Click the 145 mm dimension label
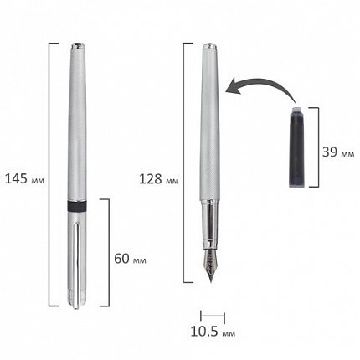[x=24, y=178]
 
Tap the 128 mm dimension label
[x=159, y=179]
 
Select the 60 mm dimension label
[x=130, y=259]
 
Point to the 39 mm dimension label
[x=338, y=152]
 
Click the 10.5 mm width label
[x=213, y=332]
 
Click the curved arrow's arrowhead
[x=232, y=86]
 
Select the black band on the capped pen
[x=77, y=206]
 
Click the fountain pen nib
[x=210, y=265]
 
